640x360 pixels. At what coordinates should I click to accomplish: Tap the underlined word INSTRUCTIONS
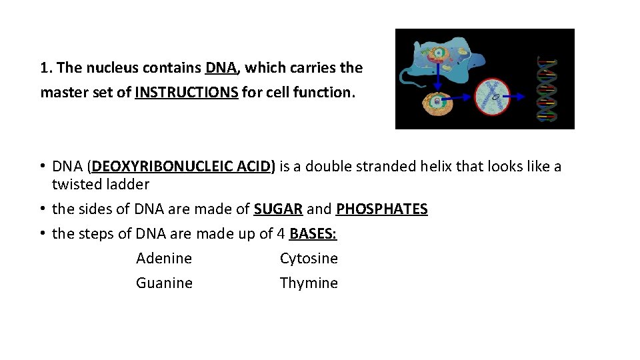[186, 93]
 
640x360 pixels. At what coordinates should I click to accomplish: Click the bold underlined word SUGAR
[278, 209]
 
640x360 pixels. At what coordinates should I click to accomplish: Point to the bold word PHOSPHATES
[381, 209]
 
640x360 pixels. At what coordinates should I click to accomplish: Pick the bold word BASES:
[313, 234]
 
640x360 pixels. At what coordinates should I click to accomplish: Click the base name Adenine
[164, 259]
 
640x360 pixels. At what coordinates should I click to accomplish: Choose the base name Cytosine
[309, 259]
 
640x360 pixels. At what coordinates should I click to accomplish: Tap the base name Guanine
[164, 283]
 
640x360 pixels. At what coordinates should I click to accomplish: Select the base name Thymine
[309, 283]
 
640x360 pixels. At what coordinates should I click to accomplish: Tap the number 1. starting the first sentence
[46, 68]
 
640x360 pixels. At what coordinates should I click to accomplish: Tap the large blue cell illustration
[440, 53]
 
